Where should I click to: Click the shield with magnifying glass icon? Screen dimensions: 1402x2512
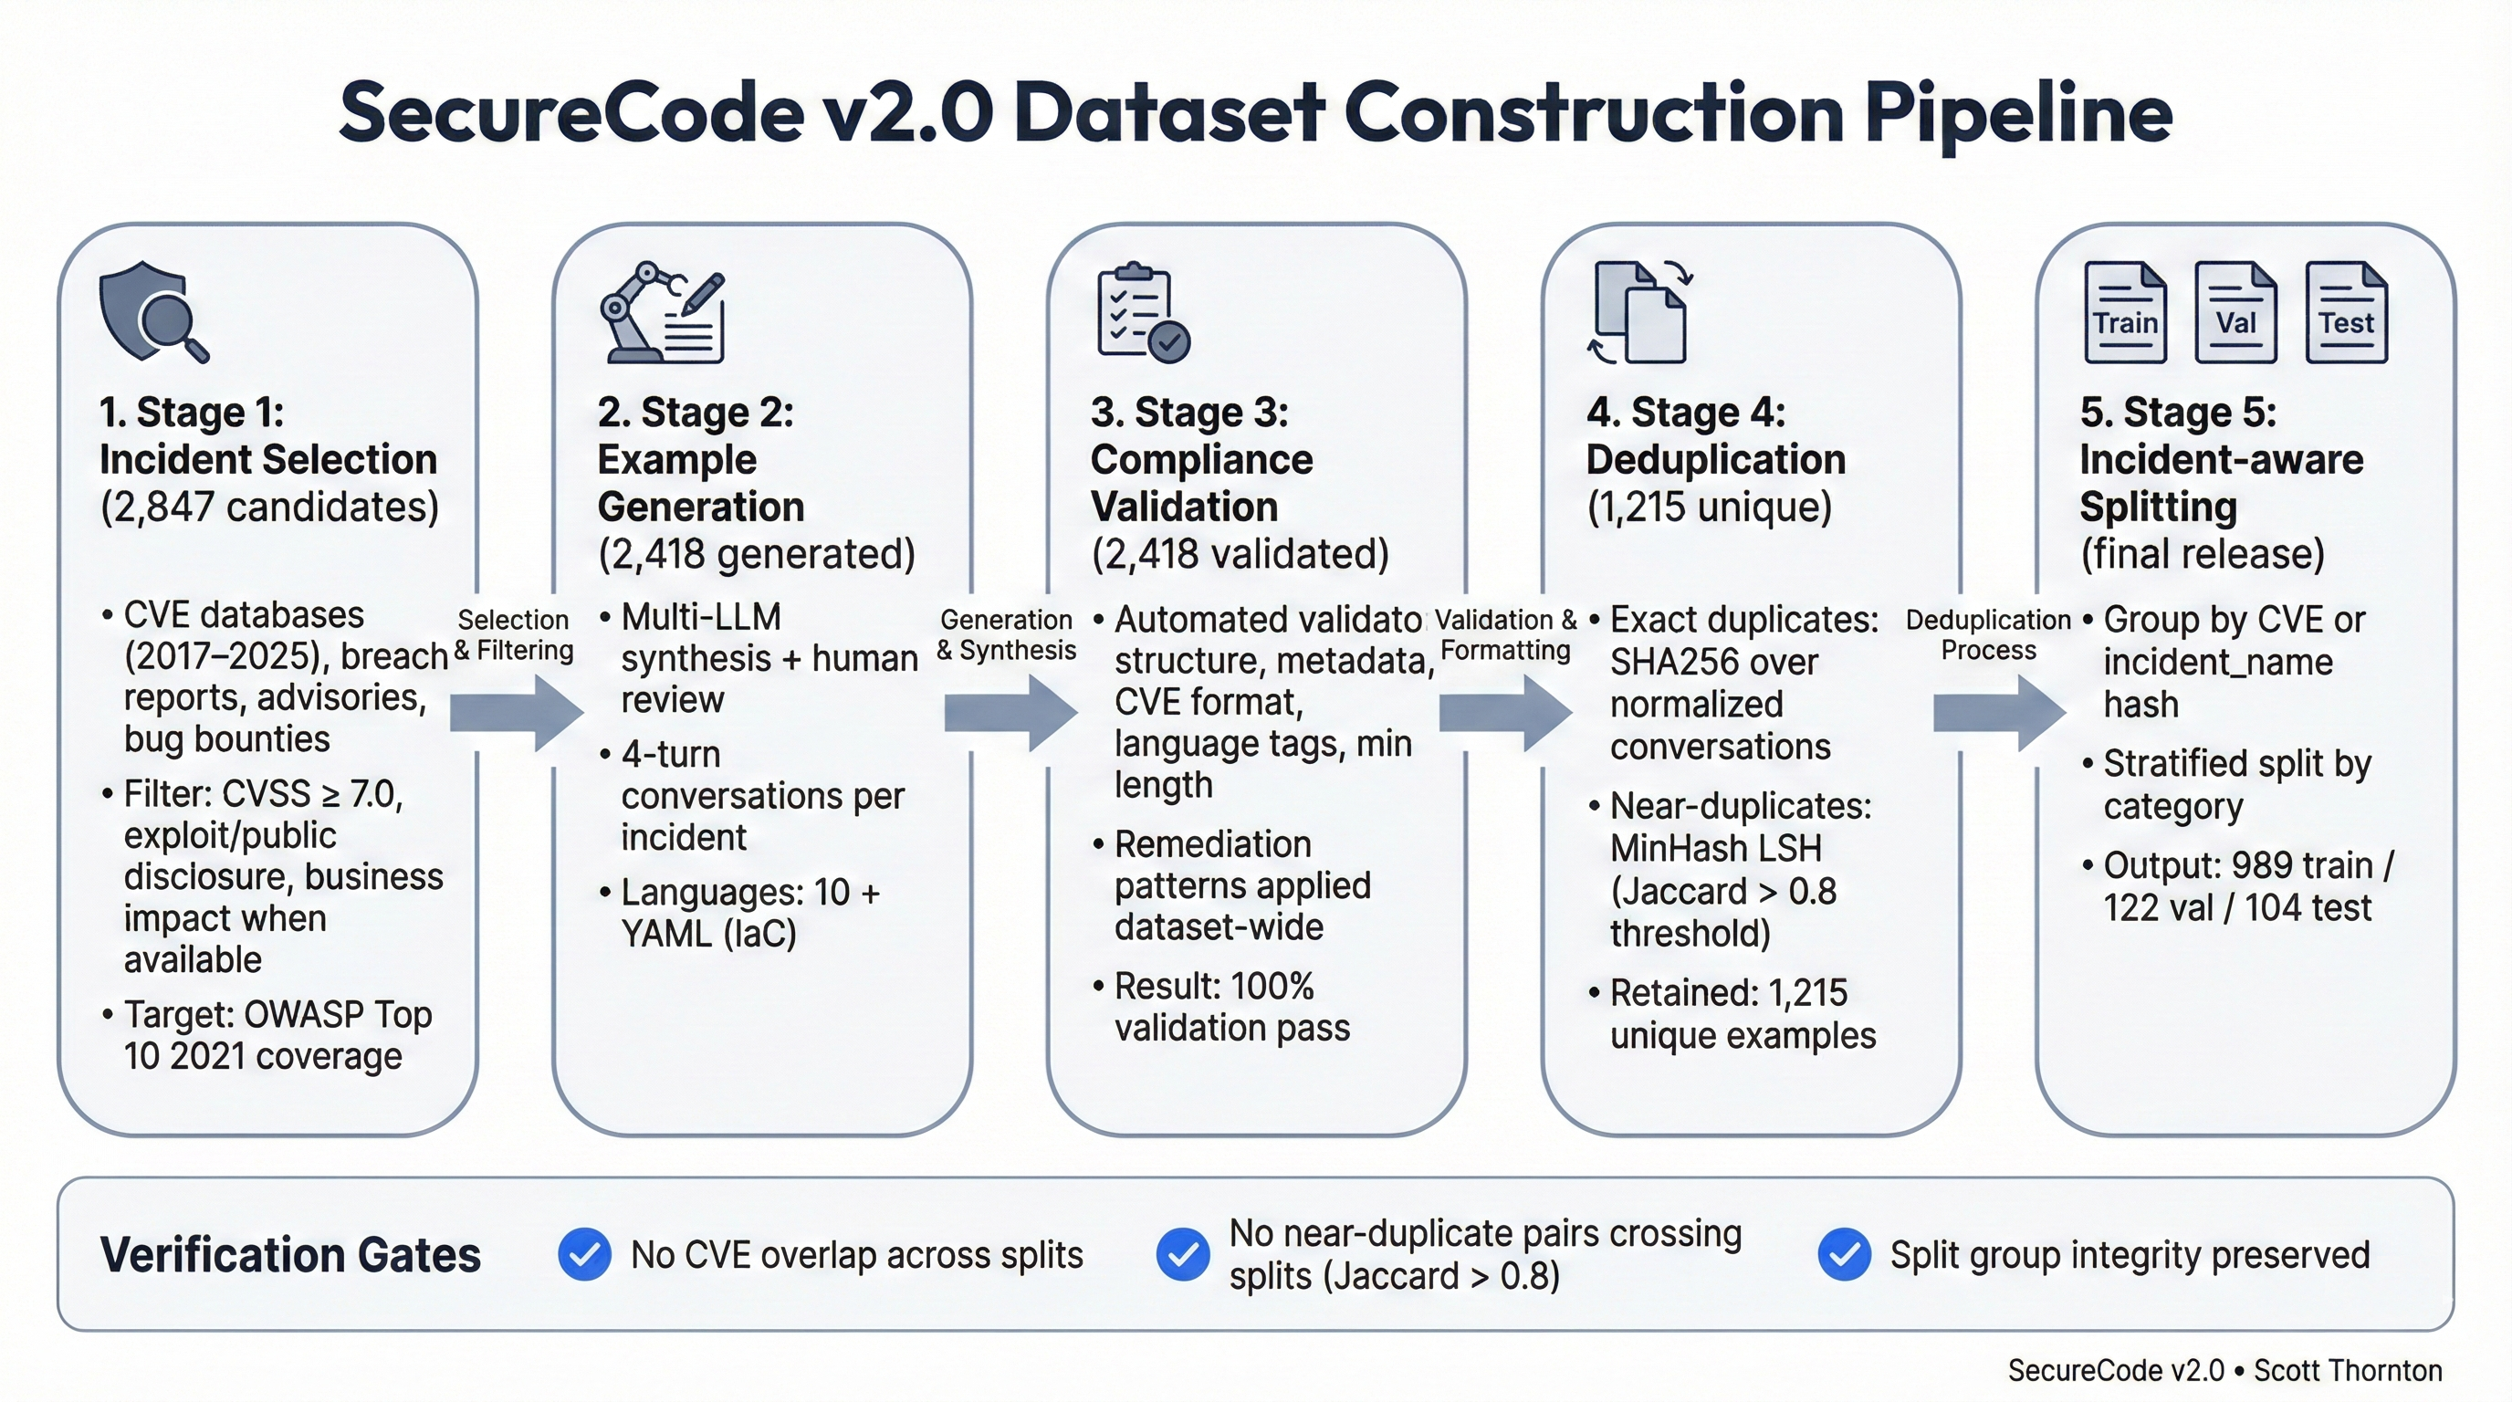click(x=152, y=312)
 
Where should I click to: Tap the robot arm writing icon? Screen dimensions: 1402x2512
click(x=662, y=313)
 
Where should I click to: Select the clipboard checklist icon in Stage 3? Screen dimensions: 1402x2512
click(x=1142, y=313)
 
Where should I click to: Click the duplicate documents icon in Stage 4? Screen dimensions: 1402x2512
click(x=1640, y=313)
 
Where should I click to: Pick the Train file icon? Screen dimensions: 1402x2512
click(x=2125, y=313)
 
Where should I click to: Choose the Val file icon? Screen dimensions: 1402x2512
click(x=2235, y=313)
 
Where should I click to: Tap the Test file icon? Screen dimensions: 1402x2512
click(x=2346, y=313)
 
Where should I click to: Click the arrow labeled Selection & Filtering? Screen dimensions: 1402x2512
click(x=516, y=713)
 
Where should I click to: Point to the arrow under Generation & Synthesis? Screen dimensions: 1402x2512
click(x=1010, y=713)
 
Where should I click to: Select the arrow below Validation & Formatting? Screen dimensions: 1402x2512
click(x=1504, y=713)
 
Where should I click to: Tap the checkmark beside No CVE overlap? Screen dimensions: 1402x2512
click(x=584, y=1254)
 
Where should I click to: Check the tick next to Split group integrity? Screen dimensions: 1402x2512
click(x=1844, y=1254)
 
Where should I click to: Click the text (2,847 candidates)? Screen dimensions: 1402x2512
click(x=269, y=507)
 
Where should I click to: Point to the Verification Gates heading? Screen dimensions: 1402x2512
click(x=289, y=1255)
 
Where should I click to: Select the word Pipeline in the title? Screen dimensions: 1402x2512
click(x=2017, y=114)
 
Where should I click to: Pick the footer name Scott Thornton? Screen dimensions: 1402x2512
click(x=2347, y=1370)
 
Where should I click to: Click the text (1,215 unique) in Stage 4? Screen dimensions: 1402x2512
click(x=1709, y=507)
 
